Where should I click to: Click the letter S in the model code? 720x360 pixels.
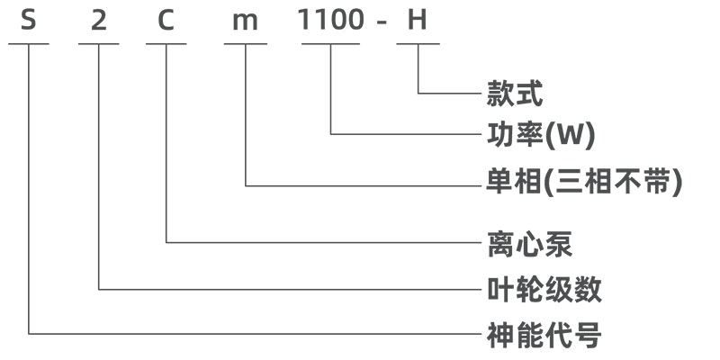click(x=30, y=20)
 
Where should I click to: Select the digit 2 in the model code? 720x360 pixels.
click(x=99, y=20)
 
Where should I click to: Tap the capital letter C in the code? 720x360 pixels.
click(x=166, y=20)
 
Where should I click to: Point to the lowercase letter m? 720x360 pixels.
click(x=244, y=21)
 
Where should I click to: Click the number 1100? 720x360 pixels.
click(x=331, y=20)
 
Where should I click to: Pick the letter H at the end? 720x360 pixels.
click(x=417, y=20)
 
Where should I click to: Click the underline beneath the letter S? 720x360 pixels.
click(x=30, y=43)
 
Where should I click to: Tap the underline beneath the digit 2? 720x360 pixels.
click(x=99, y=43)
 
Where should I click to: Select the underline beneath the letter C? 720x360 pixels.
click(x=166, y=43)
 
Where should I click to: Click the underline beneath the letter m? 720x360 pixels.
click(x=245, y=43)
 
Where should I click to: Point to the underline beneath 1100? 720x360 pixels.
click(x=331, y=43)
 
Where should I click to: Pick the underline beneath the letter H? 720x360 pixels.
click(x=418, y=43)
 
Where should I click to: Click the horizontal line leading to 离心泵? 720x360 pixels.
click(x=324, y=242)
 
